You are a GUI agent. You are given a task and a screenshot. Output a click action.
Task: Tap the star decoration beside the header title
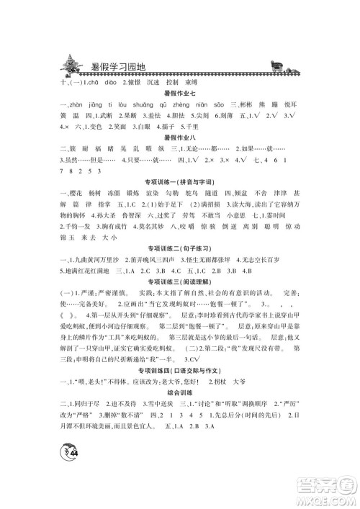pyautogui.click(x=73, y=64)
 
